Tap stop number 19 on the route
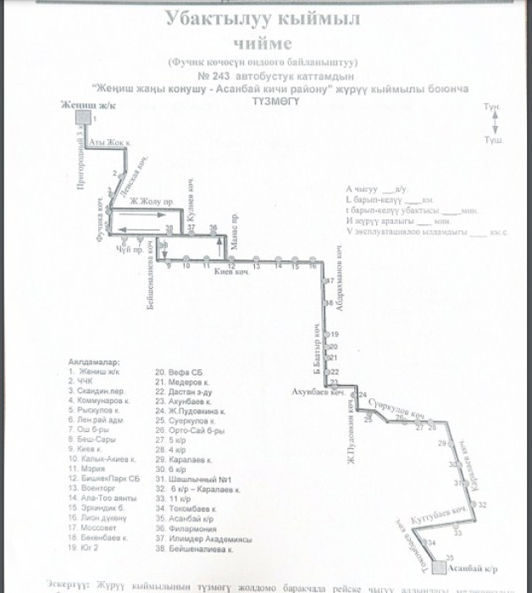click(x=334, y=334)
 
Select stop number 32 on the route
click(x=481, y=504)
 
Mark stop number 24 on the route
click(x=363, y=396)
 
